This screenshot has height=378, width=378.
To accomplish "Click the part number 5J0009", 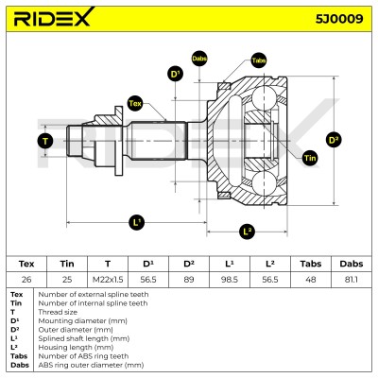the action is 339,19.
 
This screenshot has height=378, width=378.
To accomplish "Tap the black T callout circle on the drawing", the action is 45,141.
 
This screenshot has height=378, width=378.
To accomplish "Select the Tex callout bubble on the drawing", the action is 135,103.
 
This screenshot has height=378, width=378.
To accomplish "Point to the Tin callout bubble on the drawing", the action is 310,158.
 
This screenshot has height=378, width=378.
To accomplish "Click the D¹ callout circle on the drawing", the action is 175,74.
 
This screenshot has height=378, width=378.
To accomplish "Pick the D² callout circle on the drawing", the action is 334,140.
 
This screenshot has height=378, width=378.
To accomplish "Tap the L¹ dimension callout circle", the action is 137,223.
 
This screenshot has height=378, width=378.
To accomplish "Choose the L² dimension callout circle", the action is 247,232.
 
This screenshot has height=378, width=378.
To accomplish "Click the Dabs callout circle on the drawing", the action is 199,59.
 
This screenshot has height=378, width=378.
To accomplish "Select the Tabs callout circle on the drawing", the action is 259,60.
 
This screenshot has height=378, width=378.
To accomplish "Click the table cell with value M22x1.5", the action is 108,280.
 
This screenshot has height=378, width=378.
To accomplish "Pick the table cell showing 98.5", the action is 230,280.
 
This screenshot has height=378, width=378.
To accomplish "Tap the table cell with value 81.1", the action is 351,280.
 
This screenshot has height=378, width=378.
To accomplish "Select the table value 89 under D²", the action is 189,280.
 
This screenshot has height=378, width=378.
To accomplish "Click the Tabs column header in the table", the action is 311,264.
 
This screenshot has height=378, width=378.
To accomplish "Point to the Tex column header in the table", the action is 26,264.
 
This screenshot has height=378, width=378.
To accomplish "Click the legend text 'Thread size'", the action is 58,312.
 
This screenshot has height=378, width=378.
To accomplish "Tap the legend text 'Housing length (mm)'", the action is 76,348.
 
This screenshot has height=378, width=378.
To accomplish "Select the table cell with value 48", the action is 311,280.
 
